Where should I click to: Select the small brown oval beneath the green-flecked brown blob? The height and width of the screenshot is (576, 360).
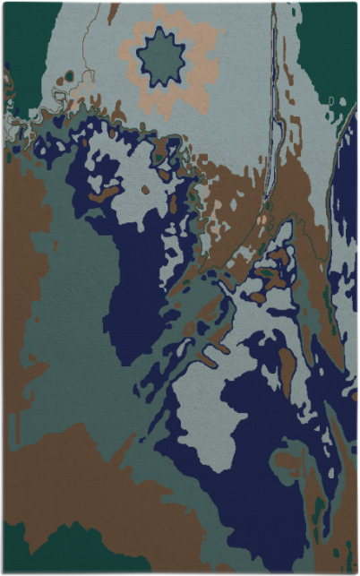(259, 297)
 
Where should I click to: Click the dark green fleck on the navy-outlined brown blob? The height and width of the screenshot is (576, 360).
(267, 272)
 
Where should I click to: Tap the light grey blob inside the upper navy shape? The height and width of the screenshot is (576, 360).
(148, 179)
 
